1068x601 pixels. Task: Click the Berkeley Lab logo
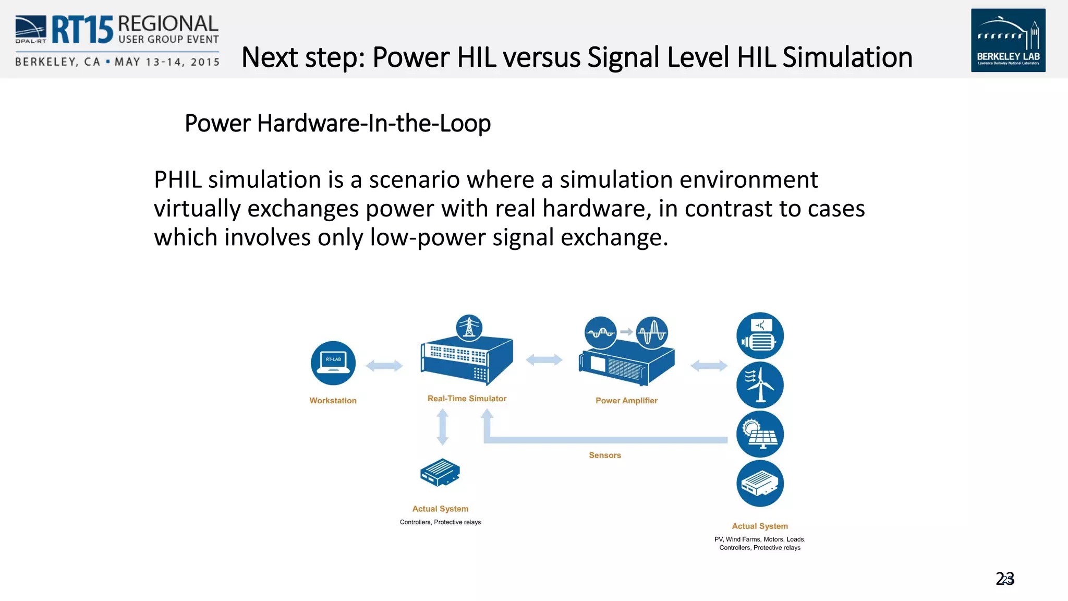[1008, 40]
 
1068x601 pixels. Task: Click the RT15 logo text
[82, 30]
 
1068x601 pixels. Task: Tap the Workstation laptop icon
[333, 363]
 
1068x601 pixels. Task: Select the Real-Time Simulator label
[467, 399]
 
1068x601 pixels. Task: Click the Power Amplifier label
[626, 401]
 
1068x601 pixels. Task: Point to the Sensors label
[605, 455]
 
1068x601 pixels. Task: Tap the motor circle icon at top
[760, 336]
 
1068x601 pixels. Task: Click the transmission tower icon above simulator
[469, 328]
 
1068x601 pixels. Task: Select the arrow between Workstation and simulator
[384, 366]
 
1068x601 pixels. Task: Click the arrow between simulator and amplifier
[544, 359]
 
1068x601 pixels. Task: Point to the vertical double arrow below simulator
[442, 427]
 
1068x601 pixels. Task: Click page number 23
[1005, 579]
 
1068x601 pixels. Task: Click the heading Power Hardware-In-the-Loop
[337, 124]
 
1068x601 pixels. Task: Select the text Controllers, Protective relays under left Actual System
[440, 522]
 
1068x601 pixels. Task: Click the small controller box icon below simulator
[440, 472]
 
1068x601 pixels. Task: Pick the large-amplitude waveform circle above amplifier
[651, 332]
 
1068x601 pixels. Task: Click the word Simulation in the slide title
[847, 57]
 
